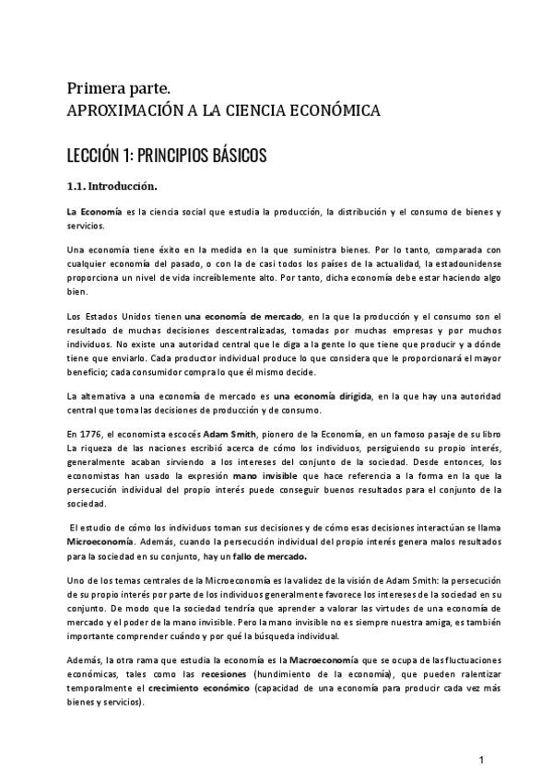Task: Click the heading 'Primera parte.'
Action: (118, 88)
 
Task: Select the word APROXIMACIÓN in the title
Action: (115, 111)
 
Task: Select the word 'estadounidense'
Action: (463, 265)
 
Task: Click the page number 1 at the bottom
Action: (481, 759)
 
